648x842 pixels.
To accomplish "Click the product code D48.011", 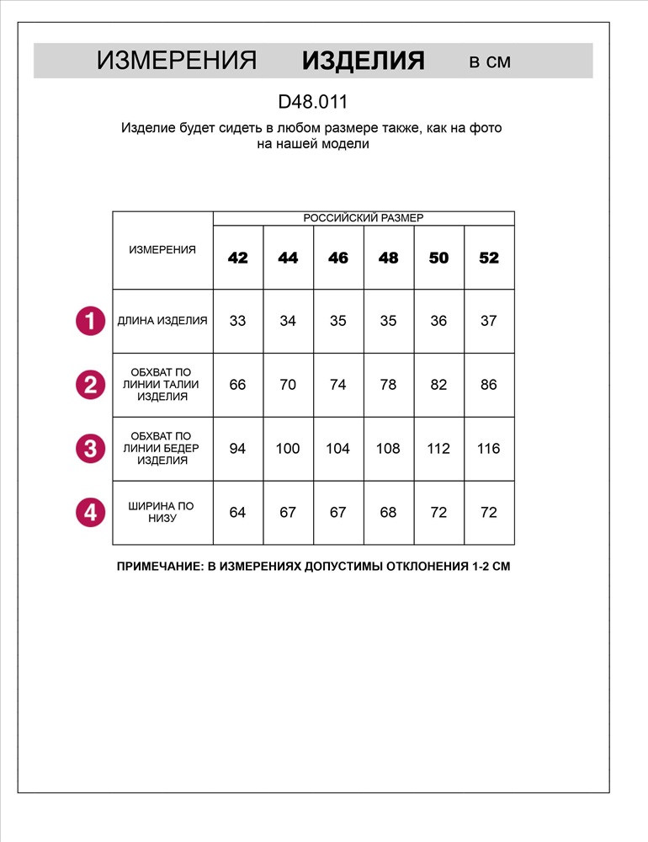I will click(x=313, y=102).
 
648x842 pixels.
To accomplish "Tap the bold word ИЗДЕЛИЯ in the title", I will click(x=364, y=61).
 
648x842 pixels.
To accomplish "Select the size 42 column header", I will click(x=238, y=258).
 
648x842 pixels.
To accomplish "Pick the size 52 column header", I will click(x=489, y=258).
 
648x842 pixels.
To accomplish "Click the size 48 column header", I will click(x=388, y=258).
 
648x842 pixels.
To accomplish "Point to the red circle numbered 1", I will click(x=90, y=321).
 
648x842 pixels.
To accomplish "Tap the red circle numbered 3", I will click(x=90, y=448).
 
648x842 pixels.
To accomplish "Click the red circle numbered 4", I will click(x=90, y=512).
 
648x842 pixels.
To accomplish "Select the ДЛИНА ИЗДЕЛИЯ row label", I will click(x=162, y=321).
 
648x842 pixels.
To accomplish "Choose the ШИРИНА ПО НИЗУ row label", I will click(x=162, y=512).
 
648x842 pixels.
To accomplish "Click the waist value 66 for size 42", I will click(x=238, y=385).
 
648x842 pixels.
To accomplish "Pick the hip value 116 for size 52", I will click(x=489, y=449).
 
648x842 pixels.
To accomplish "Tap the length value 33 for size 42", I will click(x=238, y=321).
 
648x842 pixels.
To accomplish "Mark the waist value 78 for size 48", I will click(x=388, y=385).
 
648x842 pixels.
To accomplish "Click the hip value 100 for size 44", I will click(x=288, y=449).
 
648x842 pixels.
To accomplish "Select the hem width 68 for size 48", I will click(x=388, y=512).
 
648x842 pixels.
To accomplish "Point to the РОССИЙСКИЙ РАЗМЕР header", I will click(x=364, y=218).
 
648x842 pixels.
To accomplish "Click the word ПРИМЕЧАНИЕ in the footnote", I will click(x=158, y=567).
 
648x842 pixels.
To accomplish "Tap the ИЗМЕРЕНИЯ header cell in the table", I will click(x=162, y=250).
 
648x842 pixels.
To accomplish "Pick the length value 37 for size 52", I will click(x=489, y=321).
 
